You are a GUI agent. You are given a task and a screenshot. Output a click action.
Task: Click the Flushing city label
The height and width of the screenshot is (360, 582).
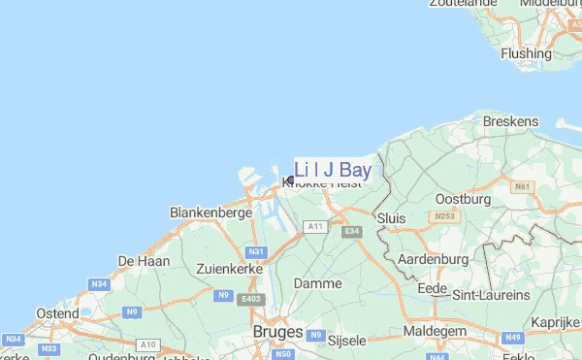point(526,53)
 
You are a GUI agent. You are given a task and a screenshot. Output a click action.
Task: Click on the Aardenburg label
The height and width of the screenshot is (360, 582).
point(433,259)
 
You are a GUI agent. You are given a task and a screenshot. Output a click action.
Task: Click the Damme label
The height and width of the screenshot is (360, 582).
point(317,284)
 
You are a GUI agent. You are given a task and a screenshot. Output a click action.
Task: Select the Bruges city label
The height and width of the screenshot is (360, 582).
point(276,331)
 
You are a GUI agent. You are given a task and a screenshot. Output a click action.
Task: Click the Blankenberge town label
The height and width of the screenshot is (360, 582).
point(210,212)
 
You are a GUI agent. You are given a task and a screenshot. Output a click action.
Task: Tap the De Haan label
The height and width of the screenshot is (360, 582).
point(144,261)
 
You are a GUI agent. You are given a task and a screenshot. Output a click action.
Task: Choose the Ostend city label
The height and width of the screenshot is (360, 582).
point(57,313)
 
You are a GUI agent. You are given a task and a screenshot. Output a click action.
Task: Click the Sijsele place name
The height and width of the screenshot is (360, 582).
point(347,342)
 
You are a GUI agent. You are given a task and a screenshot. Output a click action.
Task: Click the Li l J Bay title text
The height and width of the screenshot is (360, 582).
point(333,170)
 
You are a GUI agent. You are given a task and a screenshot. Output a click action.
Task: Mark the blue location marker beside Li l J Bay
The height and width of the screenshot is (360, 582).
point(290,180)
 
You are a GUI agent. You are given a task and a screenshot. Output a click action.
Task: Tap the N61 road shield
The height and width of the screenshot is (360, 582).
point(524,186)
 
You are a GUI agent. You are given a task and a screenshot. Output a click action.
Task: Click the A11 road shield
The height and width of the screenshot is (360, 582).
point(313,226)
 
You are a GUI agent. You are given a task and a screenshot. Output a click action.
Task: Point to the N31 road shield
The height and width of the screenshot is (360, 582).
point(256,252)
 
